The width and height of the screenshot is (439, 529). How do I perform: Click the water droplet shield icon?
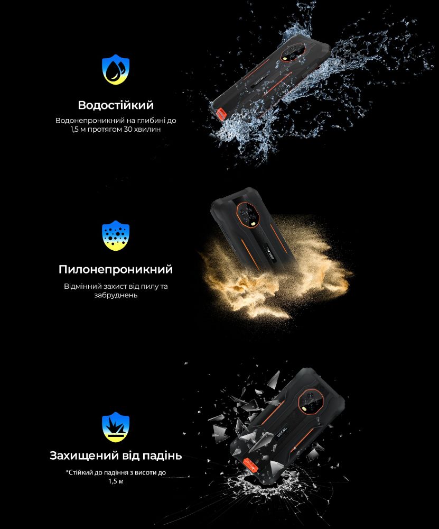116,69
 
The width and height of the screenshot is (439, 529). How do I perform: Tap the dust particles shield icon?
116,235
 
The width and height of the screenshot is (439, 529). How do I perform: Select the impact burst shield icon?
116,427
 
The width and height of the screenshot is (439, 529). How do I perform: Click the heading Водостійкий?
116,105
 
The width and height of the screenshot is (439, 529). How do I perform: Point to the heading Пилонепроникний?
116,269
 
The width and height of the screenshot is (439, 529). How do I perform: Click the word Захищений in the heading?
87,456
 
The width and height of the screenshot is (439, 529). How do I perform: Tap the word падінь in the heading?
162,456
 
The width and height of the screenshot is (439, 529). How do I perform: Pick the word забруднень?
116,295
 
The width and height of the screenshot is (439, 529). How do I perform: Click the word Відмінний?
80,286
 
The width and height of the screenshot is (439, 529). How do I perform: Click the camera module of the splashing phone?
294,52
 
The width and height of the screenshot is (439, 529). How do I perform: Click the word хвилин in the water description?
147,129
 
